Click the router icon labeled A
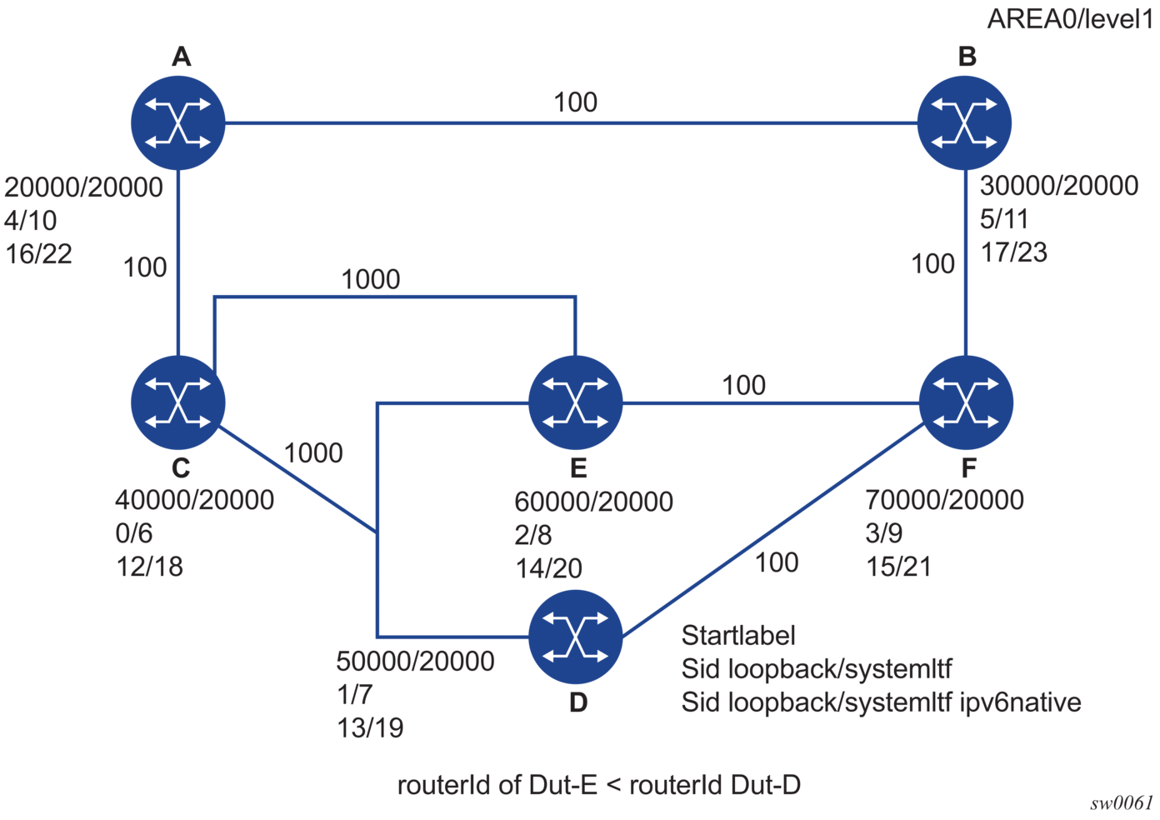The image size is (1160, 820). coord(177,123)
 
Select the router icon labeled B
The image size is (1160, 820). coord(964,123)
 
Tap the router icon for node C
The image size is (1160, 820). coord(177,402)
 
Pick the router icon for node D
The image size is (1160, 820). coord(576,637)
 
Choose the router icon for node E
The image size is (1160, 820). coord(576,402)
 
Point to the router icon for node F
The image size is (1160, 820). coord(965,402)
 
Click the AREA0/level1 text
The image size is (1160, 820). coord(1070,19)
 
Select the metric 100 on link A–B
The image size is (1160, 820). coord(575,102)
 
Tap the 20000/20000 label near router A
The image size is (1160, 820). coord(83,187)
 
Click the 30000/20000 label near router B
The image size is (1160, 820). coord(1059,186)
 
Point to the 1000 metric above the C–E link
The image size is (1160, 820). coord(371,279)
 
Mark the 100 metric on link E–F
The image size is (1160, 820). coord(743,385)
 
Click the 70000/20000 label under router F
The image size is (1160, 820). coord(944,500)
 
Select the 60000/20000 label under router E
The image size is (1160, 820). coord(593,502)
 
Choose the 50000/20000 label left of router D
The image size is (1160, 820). coord(415,661)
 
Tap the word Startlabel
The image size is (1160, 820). coord(738,636)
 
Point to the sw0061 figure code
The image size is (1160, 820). coord(1121,803)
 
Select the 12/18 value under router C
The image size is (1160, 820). coord(149,567)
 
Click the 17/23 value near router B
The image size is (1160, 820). coord(1013,252)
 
